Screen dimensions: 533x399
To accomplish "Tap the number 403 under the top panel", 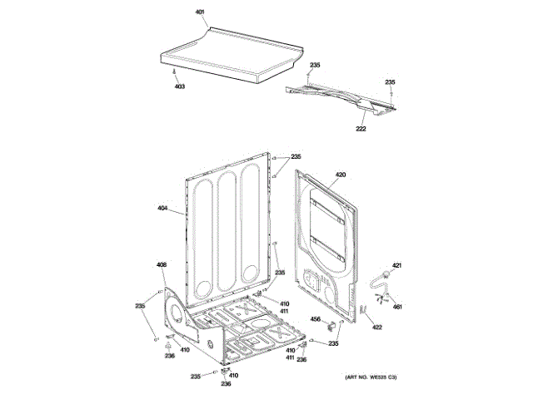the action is pos(180,86).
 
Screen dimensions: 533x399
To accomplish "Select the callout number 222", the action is pos(361,129).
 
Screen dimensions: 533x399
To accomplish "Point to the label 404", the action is pos(162,207).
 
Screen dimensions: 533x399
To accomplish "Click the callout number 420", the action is pos(340,175).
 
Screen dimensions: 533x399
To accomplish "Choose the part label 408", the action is pos(162,266).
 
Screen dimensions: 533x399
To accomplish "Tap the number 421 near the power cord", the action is pos(397,264).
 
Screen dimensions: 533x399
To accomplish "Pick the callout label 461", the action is pos(397,308).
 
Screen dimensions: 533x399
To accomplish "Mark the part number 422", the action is pos(376,328).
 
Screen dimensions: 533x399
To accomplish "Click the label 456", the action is pos(316,318).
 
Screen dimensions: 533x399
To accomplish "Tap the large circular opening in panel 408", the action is pos(177,313).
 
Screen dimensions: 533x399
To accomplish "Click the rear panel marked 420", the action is pos(329,233).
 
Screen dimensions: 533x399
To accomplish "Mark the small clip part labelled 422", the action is pos(363,311).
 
